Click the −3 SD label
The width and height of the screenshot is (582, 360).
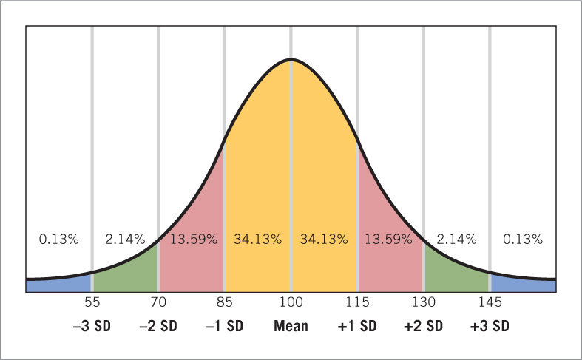click(92, 326)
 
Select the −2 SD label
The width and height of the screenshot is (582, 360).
click(158, 326)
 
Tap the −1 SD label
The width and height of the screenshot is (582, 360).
click(224, 326)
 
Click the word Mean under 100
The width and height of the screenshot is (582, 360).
click(291, 326)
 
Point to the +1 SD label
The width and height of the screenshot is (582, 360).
click(357, 326)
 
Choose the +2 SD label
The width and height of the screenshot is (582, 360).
click(424, 326)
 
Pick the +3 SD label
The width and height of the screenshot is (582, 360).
click(490, 326)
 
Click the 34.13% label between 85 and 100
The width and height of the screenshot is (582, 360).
click(257, 240)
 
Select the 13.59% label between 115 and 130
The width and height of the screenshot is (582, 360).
click(390, 240)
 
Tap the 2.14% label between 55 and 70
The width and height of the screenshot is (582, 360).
click(125, 240)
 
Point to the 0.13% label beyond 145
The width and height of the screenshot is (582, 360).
click(523, 240)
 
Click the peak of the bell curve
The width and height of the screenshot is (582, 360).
click(291, 59)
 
